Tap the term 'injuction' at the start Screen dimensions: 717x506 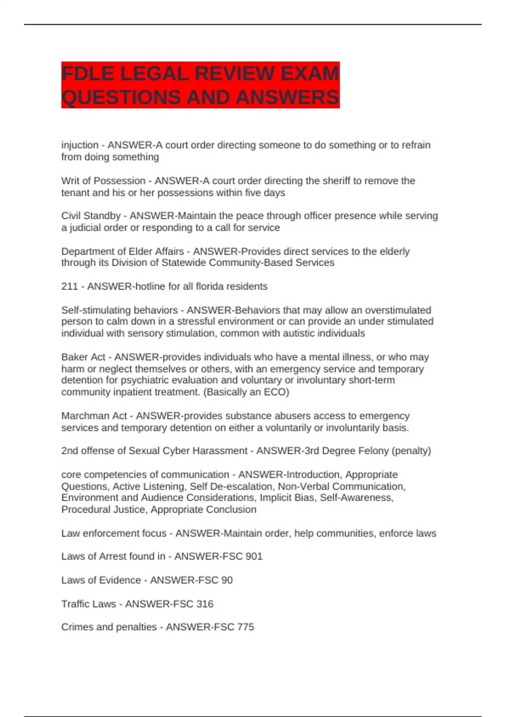(x=80, y=145)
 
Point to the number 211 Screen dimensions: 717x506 (x=70, y=286)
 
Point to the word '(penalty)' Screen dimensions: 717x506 (x=411, y=451)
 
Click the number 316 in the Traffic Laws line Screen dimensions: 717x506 (x=205, y=604)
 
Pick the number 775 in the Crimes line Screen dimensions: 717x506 (x=245, y=627)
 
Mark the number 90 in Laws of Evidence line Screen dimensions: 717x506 (x=227, y=580)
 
